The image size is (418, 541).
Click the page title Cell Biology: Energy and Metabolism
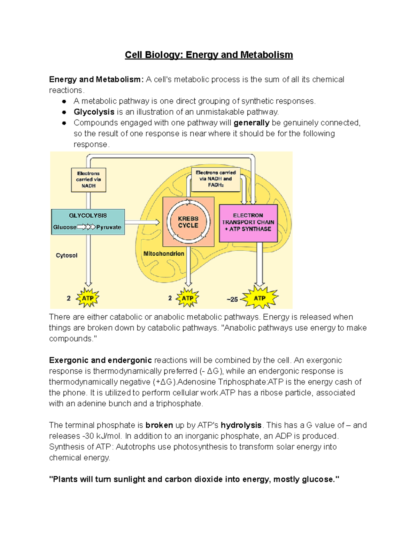click(x=209, y=55)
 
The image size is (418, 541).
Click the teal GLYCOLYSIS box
click(x=88, y=222)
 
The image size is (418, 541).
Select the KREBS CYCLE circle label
click(x=188, y=222)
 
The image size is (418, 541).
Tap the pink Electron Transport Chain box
click(x=248, y=223)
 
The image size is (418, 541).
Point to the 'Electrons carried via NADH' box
click(x=88, y=180)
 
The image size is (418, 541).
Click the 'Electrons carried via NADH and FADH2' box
click(x=216, y=179)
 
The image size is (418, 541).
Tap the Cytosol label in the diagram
click(x=67, y=255)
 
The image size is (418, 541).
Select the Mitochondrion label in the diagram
click(x=164, y=254)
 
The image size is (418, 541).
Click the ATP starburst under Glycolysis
click(x=87, y=298)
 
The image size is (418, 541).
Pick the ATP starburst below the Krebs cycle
click(x=187, y=298)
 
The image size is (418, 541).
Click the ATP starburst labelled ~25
click(x=260, y=298)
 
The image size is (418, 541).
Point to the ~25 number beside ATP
click(x=232, y=299)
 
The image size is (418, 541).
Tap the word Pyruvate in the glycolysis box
click(x=109, y=227)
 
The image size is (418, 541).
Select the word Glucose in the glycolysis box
click(x=65, y=227)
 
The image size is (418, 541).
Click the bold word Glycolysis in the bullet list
click(x=94, y=112)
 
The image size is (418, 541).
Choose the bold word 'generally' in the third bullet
click(x=251, y=123)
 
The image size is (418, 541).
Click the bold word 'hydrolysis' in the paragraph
click(x=241, y=425)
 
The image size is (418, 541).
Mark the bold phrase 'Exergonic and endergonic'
click(x=100, y=360)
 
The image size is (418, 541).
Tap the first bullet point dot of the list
click(x=64, y=101)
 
